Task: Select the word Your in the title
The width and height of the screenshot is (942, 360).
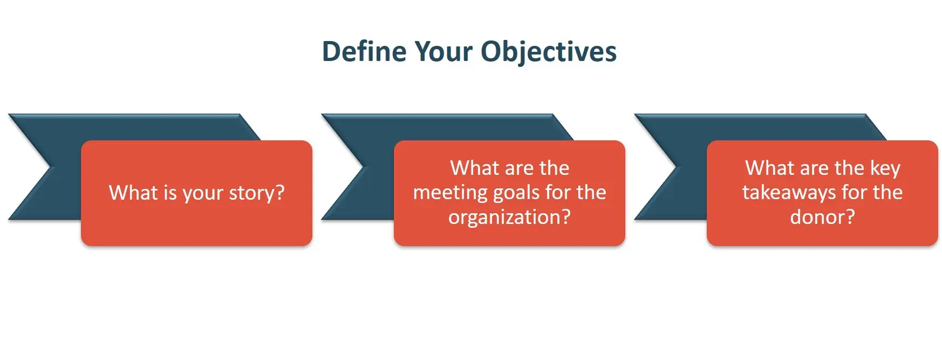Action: tap(443, 52)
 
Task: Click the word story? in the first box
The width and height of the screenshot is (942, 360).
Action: tap(257, 193)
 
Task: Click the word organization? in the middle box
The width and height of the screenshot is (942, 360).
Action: tap(509, 218)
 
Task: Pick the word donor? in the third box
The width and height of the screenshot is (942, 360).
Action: tap(823, 217)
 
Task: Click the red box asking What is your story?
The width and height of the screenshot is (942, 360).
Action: tap(196, 193)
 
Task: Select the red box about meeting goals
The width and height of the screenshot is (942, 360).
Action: tap(509, 193)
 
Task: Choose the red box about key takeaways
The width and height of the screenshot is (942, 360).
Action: tap(822, 193)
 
